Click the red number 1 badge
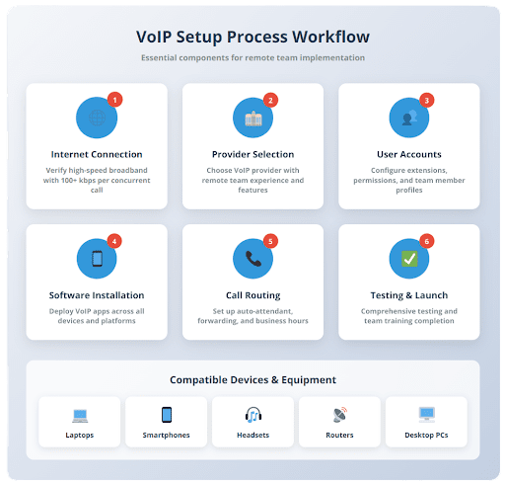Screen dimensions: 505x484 tap(114, 100)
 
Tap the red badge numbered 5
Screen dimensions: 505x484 tap(270, 241)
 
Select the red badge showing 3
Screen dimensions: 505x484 tap(427, 100)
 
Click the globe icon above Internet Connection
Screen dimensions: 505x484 tap(97, 118)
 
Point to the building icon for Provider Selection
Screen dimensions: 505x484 tap(253, 119)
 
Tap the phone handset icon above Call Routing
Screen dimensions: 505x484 tap(253, 259)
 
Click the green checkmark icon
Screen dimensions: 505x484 tap(409, 259)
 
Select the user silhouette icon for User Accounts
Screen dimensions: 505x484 tap(409, 118)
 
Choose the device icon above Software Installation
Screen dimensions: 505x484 tap(97, 259)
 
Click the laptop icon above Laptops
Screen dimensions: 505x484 tap(80, 416)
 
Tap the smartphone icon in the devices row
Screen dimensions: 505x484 tap(167, 415)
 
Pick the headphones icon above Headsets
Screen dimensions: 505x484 tap(253, 415)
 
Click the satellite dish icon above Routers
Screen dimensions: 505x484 tap(340, 415)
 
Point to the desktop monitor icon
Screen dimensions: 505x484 tap(427, 415)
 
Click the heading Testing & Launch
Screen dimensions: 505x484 tap(409, 295)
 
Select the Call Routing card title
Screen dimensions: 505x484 tap(253, 295)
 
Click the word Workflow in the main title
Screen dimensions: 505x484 tap(331, 37)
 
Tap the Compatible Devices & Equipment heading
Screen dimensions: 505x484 tap(253, 380)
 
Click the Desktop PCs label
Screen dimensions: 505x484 tap(426, 436)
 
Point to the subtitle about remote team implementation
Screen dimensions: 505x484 tap(253, 58)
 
